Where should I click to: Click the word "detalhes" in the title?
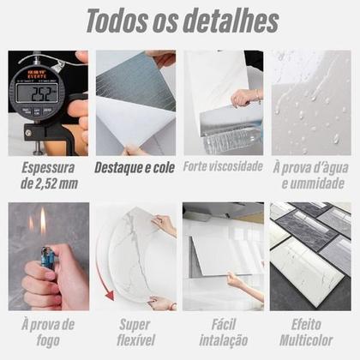click(231, 21)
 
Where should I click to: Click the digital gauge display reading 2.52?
click(38, 93)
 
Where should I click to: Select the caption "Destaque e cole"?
click(135, 168)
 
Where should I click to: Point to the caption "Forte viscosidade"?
click(223, 166)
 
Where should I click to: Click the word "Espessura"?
click(48, 168)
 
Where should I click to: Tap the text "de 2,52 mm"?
click(49, 183)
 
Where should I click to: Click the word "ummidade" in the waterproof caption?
click(313, 183)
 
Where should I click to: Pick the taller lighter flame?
click(43, 220)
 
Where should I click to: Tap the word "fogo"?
click(48, 340)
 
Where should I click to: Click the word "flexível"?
click(136, 340)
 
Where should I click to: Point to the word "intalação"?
click(224, 340)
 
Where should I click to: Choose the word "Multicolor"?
click(306, 340)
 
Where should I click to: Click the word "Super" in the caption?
click(135, 325)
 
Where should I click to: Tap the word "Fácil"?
click(224, 324)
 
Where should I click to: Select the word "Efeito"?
click(306, 324)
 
